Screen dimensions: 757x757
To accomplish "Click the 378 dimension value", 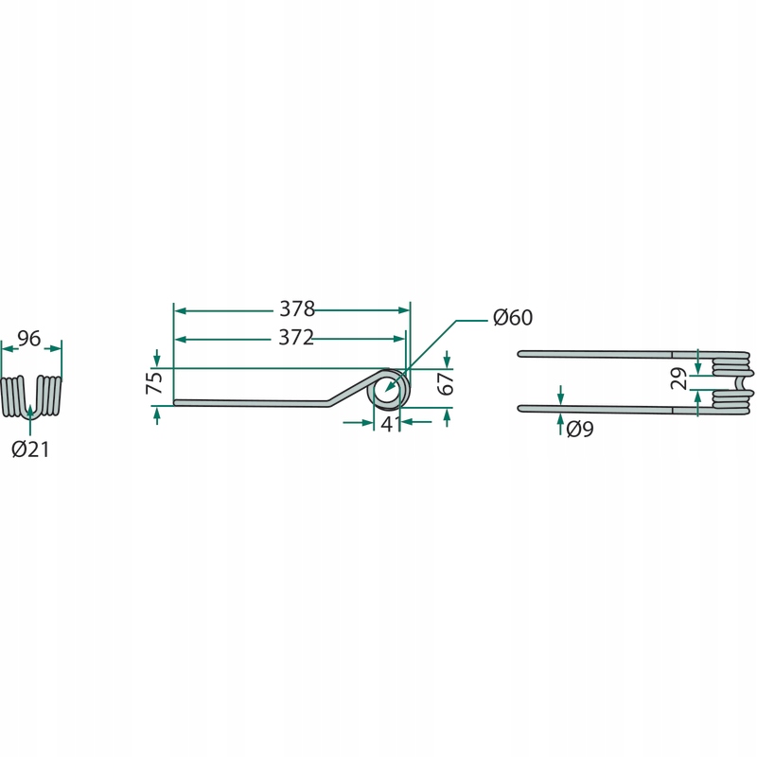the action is [x=297, y=309].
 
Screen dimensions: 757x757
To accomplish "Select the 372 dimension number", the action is [x=296, y=338].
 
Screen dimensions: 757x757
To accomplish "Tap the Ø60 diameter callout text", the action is [x=513, y=317].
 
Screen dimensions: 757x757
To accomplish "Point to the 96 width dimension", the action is [x=29, y=339].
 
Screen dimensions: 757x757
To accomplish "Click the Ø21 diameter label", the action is [x=30, y=449].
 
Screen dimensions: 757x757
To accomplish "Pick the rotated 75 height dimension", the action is [x=154, y=382].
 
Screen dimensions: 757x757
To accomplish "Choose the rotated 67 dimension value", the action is [x=446, y=383].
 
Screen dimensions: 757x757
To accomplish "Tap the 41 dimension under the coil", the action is [x=390, y=424].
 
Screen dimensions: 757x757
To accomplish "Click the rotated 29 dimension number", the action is [x=679, y=378].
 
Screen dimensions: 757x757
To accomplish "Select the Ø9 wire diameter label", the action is [x=580, y=430].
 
